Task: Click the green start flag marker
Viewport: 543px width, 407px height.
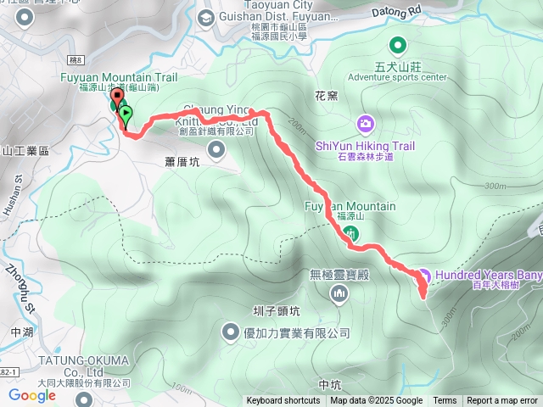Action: pos(126,112)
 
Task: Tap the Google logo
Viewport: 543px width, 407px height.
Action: pos(31,394)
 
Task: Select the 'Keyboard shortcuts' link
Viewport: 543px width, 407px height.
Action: pos(283,401)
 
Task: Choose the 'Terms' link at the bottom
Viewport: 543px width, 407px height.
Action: pos(445,401)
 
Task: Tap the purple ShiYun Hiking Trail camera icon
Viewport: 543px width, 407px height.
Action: pos(365,125)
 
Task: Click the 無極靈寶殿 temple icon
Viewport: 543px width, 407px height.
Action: pos(340,293)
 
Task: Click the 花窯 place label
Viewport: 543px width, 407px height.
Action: pos(327,96)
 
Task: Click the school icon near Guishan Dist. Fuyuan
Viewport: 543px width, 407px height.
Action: pos(205,18)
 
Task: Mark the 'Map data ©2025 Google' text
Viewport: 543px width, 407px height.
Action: pos(376,401)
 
